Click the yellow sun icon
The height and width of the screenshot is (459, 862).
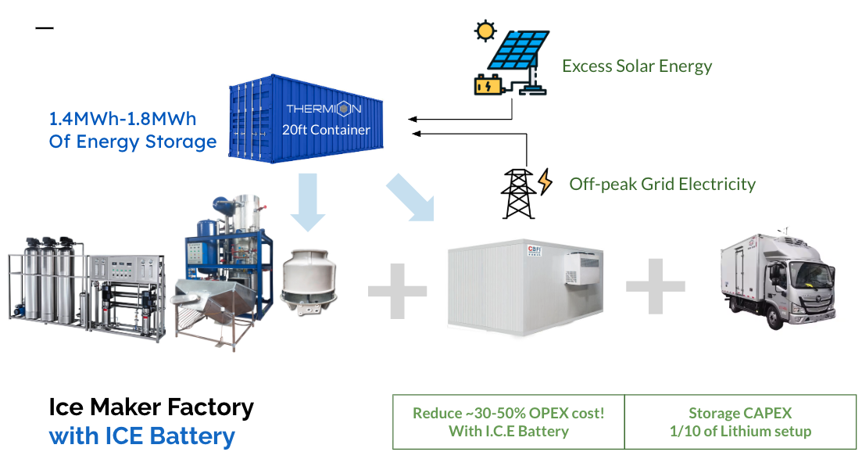coord(486,30)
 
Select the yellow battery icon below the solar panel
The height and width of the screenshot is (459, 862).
coord(489,84)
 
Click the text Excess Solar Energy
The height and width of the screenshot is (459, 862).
coord(637,66)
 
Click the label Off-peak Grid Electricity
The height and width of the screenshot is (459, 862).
coord(662,185)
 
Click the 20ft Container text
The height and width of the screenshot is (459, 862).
coord(326,130)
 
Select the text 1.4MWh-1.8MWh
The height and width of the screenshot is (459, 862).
coord(123,120)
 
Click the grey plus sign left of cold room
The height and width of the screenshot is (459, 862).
coord(398,291)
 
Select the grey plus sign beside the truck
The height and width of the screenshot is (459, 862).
coord(655,286)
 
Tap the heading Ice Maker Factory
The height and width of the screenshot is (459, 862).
coord(151,407)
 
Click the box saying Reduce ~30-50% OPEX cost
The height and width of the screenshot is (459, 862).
coord(508,422)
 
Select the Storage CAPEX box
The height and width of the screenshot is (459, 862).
coord(739,422)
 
